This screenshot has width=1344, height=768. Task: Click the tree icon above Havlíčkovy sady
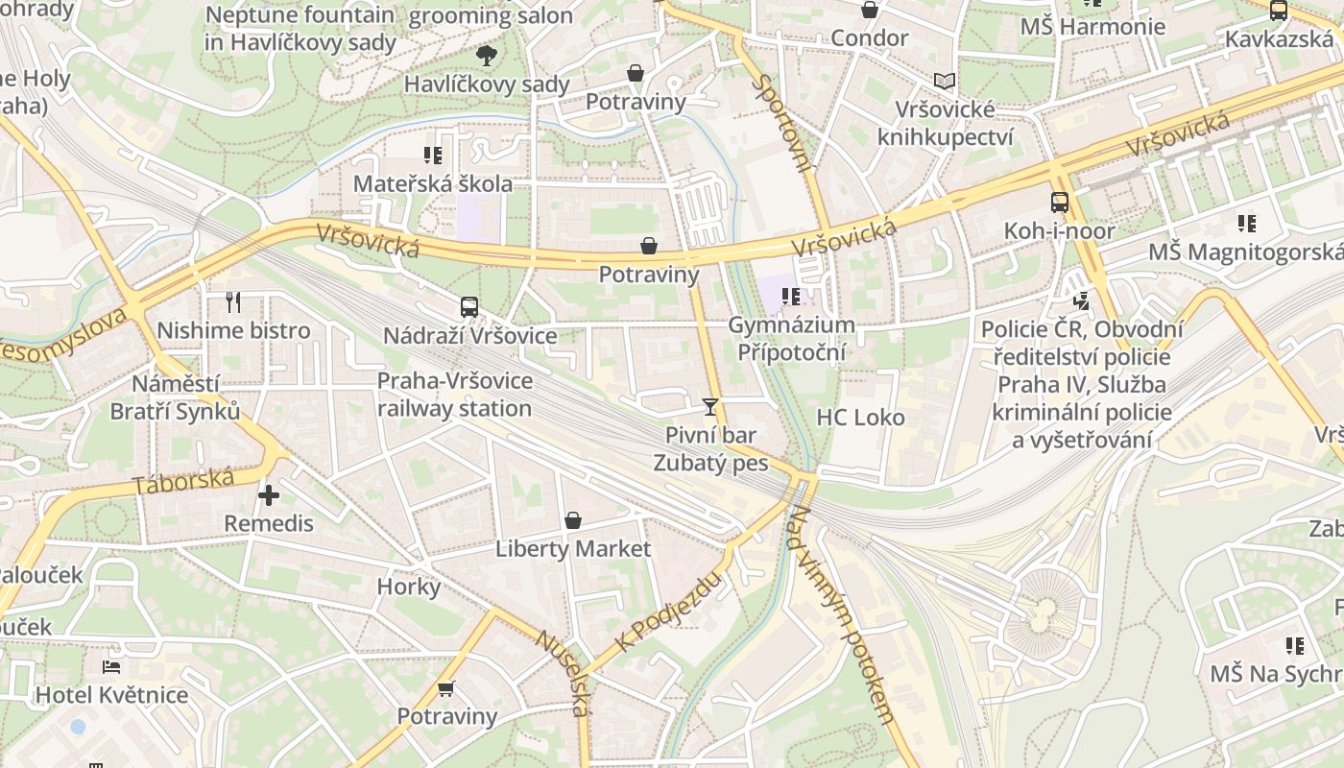tap(487, 55)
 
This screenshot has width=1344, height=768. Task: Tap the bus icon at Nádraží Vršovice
tap(468, 307)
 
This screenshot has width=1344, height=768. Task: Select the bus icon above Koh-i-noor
tap(1060, 203)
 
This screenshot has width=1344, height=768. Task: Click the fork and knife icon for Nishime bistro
tap(232, 302)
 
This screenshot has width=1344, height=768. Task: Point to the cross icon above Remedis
tap(269, 495)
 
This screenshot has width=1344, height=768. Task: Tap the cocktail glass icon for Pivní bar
tap(709, 407)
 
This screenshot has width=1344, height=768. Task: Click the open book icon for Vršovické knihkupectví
tap(945, 82)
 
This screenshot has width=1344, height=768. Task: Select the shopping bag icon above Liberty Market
tap(573, 520)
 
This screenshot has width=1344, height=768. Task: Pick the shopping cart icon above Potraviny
tap(446, 688)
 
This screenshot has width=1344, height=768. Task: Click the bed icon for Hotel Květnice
tap(111, 666)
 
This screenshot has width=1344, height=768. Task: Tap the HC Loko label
tap(860, 418)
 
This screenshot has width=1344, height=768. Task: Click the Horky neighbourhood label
tap(409, 587)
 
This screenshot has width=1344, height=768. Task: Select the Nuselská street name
tap(562, 673)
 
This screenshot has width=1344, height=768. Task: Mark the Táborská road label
tap(183, 481)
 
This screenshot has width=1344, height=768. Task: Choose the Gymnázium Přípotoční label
tap(791, 339)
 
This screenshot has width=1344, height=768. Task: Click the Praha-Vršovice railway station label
tap(454, 395)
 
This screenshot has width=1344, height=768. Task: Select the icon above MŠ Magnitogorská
tap(1246, 224)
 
